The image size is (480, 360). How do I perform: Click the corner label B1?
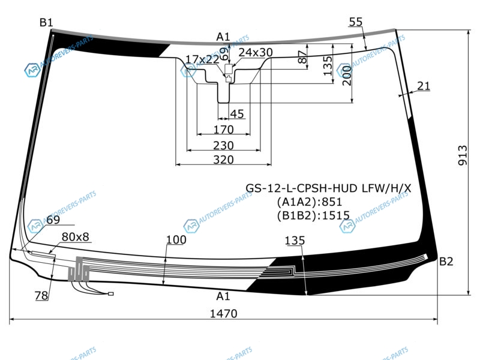click(46, 23)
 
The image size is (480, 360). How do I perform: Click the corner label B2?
click(446, 261)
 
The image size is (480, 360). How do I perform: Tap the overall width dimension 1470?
click(224, 313)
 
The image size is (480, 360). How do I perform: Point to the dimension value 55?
click(355, 22)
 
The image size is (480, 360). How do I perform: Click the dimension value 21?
click(424, 86)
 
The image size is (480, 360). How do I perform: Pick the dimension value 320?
click(223, 160)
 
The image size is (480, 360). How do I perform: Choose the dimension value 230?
click(223, 145)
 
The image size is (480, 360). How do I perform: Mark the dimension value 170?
click(223, 130)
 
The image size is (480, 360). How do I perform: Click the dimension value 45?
click(237, 114)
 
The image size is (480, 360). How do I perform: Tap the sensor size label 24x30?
click(255, 52)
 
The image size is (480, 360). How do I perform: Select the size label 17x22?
click(202, 59)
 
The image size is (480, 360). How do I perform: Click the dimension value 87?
click(302, 58)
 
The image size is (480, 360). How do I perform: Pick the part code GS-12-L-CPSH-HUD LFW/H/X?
click(328, 188)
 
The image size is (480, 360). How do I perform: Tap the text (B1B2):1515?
click(313, 215)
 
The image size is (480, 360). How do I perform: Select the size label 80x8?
click(75, 237)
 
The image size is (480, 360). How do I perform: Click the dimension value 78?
click(41, 295)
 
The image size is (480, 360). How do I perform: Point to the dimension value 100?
click(176, 240)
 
